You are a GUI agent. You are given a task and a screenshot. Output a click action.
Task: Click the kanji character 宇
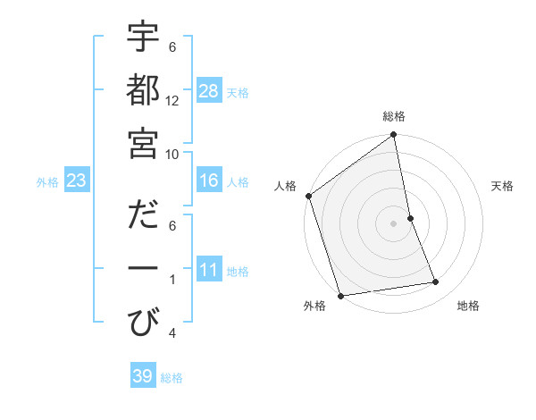144,39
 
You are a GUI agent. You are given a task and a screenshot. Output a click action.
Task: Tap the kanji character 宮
144,142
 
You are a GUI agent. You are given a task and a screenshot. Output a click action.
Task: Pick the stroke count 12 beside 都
172,101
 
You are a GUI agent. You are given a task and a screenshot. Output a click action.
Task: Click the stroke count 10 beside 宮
172,153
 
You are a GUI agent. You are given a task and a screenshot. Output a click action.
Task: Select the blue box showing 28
209,90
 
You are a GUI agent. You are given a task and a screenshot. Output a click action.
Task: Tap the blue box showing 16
209,181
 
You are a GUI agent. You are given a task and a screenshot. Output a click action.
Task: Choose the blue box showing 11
209,270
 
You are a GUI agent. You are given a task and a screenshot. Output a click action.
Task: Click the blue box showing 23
76,181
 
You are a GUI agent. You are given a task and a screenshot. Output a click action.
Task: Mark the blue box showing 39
142,376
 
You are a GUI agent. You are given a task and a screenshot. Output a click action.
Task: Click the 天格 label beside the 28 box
238,92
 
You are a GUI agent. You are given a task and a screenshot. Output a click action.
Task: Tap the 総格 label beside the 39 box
172,378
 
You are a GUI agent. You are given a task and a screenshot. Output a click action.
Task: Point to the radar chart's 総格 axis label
394,116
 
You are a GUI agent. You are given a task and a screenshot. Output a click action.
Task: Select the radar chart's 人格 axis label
286,186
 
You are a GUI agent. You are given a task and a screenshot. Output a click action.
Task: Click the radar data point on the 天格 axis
410,218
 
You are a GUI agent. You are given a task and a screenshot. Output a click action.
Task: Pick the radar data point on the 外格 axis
340,296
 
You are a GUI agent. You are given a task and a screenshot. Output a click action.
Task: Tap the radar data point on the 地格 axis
436,282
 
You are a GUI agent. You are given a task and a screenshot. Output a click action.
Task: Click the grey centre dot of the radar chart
394,223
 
